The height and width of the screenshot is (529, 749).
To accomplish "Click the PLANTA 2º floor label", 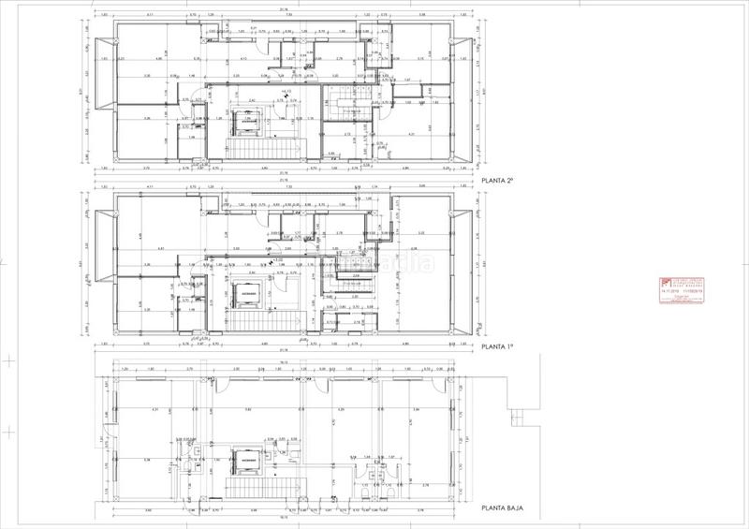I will tap(502, 182).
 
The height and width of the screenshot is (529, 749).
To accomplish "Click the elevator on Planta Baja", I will tap(247, 462).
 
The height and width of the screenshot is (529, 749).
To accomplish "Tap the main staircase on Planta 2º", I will tap(250, 147).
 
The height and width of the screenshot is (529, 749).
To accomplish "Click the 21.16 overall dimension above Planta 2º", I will tap(283, 8).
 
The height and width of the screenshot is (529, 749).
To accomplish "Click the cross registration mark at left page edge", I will tap(8, 359).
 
